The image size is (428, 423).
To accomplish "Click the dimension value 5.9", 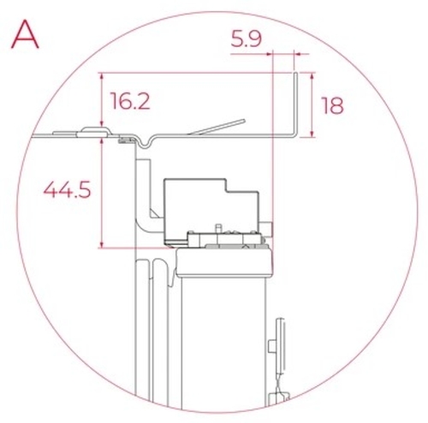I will click(x=247, y=39).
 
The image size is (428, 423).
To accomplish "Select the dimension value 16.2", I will click(x=130, y=102).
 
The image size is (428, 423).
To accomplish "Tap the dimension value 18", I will click(x=332, y=105).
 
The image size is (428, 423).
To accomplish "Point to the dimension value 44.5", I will click(x=67, y=190).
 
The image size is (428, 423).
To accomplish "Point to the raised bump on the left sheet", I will click(x=91, y=132).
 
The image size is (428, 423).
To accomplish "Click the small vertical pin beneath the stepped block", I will click(x=219, y=229).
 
